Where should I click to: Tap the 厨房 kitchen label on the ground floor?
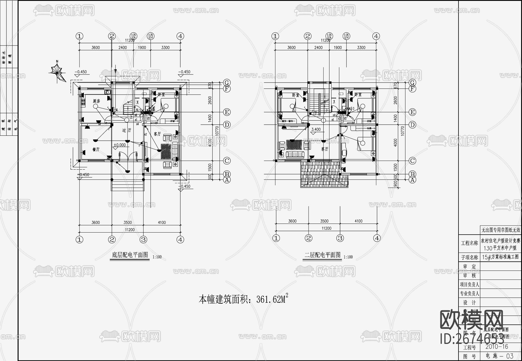pos(96,101)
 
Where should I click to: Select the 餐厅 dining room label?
pos(96,149)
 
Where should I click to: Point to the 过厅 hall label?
pos(126,131)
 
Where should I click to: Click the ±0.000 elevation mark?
pos(119,145)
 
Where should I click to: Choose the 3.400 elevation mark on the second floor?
pos(316,130)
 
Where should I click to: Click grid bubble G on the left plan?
pos(227,83)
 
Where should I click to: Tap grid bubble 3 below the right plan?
pos(340,238)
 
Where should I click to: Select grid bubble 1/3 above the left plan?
pos(151,36)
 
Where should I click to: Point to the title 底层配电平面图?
pos(130,255)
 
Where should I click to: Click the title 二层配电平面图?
pos(322,255)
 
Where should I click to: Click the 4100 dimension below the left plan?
pos(162,222)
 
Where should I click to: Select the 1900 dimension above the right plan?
pos(338,48)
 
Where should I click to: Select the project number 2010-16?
pos(497,347)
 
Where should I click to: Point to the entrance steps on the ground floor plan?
pos(128,185)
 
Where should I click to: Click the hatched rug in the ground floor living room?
pos(166,151)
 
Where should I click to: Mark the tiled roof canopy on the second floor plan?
pos(324,174)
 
